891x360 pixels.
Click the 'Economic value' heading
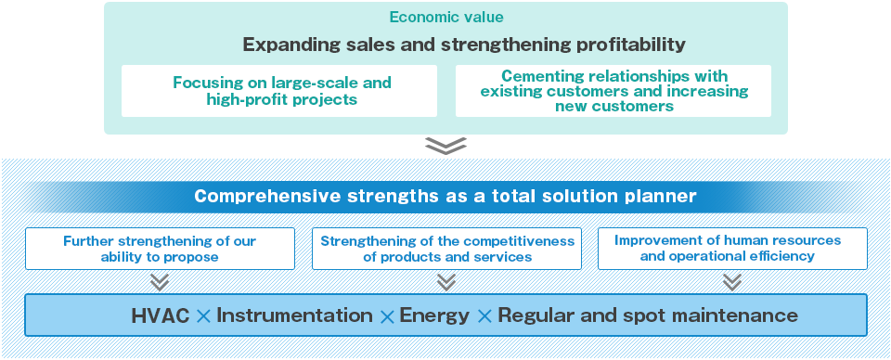coord(446,18)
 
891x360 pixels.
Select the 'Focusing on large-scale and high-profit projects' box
coord(279,91)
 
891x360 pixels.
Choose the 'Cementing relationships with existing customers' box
coord(613,91)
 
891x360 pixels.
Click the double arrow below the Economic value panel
coord(446,146)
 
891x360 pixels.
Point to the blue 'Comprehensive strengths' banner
coord(445,197)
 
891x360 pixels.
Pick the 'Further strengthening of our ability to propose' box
coord(160,249)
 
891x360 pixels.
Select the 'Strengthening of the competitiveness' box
coord(446,249)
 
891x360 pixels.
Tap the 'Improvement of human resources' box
coord(732,249)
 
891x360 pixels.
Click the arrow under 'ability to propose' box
coord(160,282)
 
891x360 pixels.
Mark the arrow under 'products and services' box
coord(446,282)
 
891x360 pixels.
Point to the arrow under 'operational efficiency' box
coord(732,282)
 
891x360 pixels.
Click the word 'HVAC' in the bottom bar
coord(161,316)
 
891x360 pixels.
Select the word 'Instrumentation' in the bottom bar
coord(294,315)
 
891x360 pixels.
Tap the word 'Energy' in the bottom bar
coord(434,316)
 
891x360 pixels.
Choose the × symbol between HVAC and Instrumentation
coord(203,316)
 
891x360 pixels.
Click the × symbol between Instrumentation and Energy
coord(386,316)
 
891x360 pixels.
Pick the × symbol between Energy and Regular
coord(484,316)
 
